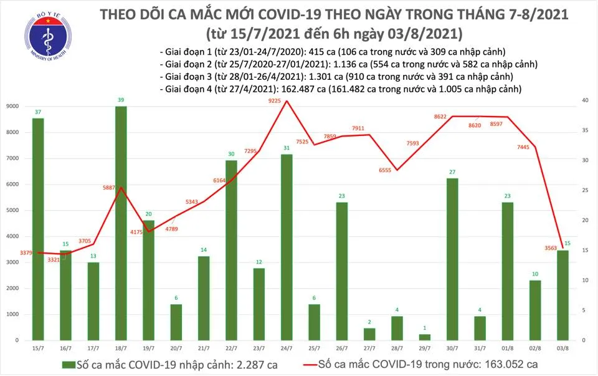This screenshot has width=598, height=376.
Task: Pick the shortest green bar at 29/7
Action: (425, 337)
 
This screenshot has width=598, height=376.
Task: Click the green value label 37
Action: (38, 112)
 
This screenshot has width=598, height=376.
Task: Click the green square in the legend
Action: (65, 364)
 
